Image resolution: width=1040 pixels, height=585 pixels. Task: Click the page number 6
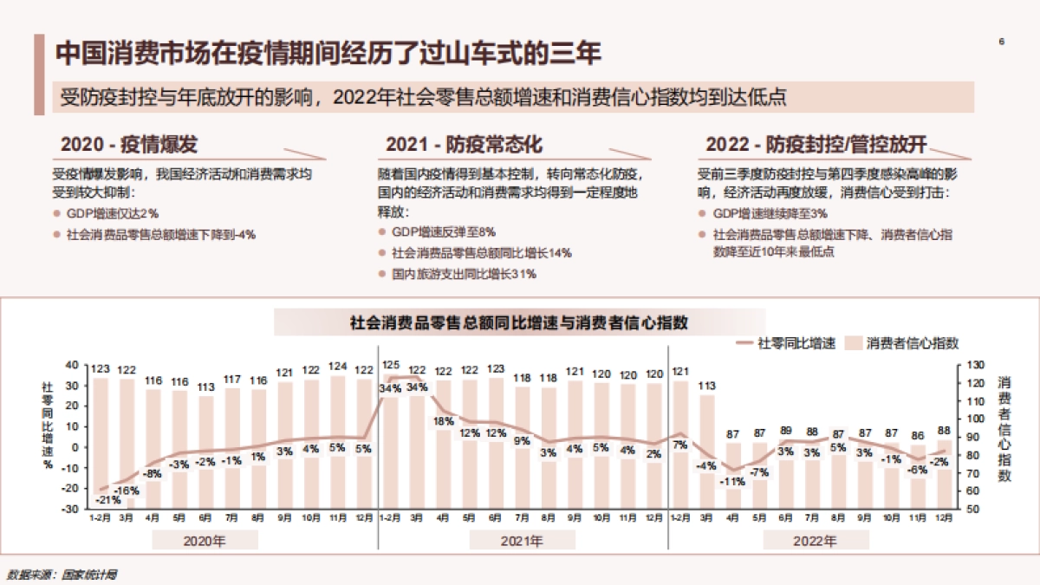coord(1002,42)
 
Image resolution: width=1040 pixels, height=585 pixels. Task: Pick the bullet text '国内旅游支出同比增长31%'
coord(465,274)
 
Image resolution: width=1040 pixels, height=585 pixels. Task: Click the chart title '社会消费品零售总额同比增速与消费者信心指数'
coord(519,323)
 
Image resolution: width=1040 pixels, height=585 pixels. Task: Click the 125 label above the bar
coord(391,366)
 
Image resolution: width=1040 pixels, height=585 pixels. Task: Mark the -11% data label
coord(733,481)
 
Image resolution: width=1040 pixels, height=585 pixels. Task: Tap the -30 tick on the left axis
coord(69,509)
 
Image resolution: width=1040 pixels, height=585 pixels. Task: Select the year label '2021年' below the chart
coord(523,542)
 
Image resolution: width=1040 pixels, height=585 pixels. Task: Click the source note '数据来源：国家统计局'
coord(62,574)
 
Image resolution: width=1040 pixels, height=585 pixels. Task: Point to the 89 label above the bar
coord(786,431)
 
